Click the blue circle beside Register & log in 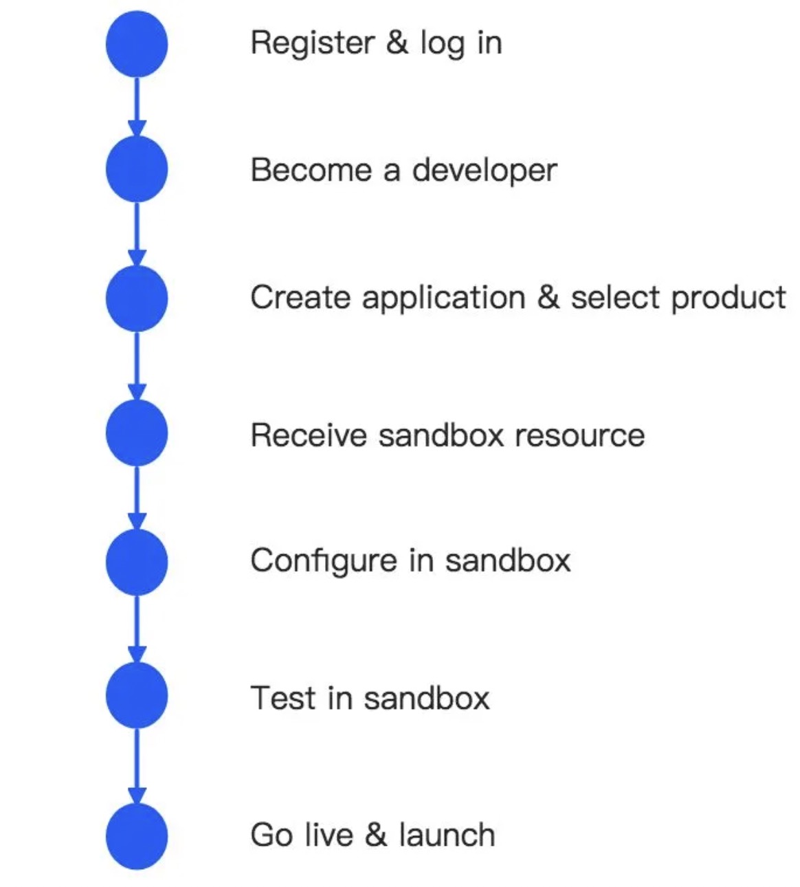coord(137,44)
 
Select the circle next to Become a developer coord(137,169)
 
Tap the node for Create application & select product coord(137,298)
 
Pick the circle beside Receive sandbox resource coord(137,432)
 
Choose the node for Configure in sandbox coord(137,562)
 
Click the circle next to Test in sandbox coord(137,695)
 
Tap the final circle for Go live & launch coord(137,836)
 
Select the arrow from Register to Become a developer coord(137,107)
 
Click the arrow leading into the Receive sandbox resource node coord(137,366)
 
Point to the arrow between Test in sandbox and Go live coord(137,766)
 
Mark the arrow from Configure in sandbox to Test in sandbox coord(137,628)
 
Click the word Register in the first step coord(312,43)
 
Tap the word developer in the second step coord(485,171)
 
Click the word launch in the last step coord(447,835)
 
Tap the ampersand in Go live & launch coord(376,835)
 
